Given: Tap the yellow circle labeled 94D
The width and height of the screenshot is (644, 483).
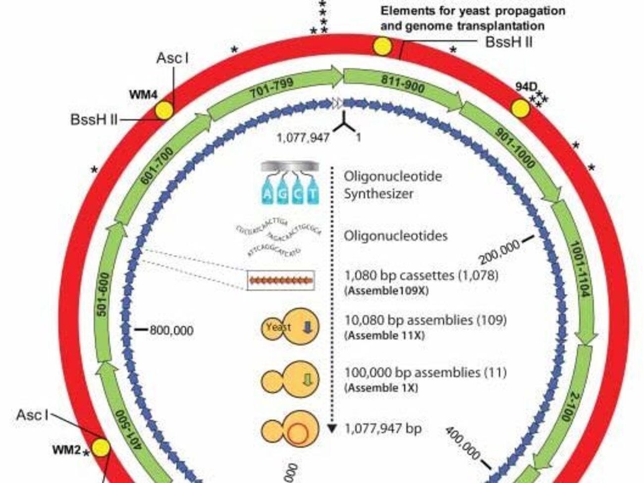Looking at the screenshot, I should pyautogui.click(x=521, y=109).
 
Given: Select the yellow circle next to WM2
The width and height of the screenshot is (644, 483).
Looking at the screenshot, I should pyautogui.click(x=102, y=448).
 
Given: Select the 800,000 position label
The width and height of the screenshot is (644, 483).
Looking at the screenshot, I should pyautogui.click(x=171, y=330).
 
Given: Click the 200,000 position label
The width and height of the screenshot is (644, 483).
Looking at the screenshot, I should pyautogui.click(x=499, y=252).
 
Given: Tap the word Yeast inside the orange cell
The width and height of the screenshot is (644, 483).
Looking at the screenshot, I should pyautogui.click(x=278, y=327).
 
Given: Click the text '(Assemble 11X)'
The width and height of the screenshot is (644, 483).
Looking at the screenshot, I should pyautogui.click(x=384, y=335).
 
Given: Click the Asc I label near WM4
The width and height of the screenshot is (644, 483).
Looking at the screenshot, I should pyautogui.click(x=172, y=58).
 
